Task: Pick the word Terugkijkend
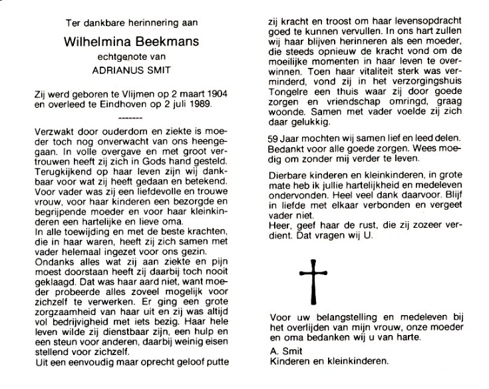(62, 169)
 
